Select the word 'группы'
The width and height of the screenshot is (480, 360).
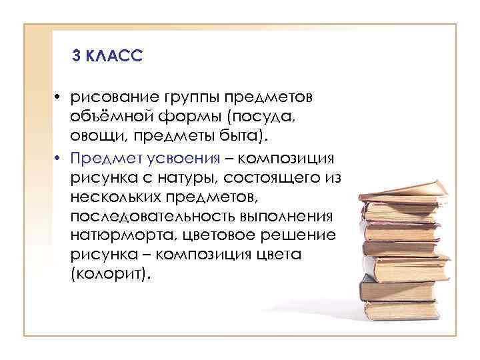(x=191, y=98)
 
